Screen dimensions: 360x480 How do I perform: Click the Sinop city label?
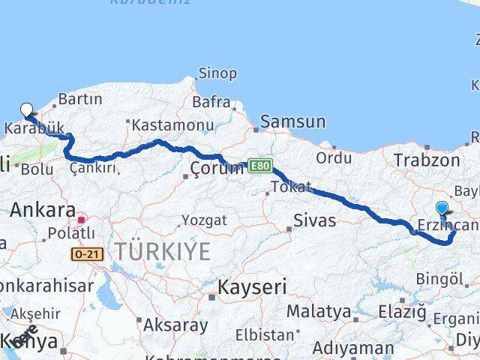(x=217, y=73)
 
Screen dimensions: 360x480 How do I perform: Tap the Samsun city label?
(x=293, y=121)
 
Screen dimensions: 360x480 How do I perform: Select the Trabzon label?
(x=427, y=160)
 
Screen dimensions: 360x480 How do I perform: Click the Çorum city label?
(x=217, y=167)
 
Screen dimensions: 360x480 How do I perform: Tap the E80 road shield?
(x=259, y=165)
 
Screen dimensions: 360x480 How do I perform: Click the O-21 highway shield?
(x=86, y=255)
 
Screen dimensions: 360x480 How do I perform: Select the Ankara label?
(x=43, y=210)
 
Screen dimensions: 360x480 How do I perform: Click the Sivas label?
(x=315, y=220)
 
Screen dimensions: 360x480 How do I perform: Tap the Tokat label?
(x=292, y=187)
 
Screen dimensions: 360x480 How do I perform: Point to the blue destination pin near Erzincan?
(x=442, y=209)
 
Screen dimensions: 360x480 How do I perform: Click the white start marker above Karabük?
(x=27, y=110)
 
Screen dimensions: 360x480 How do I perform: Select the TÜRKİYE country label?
(x=163, y=253)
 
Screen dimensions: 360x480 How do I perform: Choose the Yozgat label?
(x=203, y=220)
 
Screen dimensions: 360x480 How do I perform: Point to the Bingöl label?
(x=438, y=279)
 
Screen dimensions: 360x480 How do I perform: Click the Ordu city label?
(x=334, y=158)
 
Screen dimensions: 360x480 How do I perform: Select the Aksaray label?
(x=175, y=325)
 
